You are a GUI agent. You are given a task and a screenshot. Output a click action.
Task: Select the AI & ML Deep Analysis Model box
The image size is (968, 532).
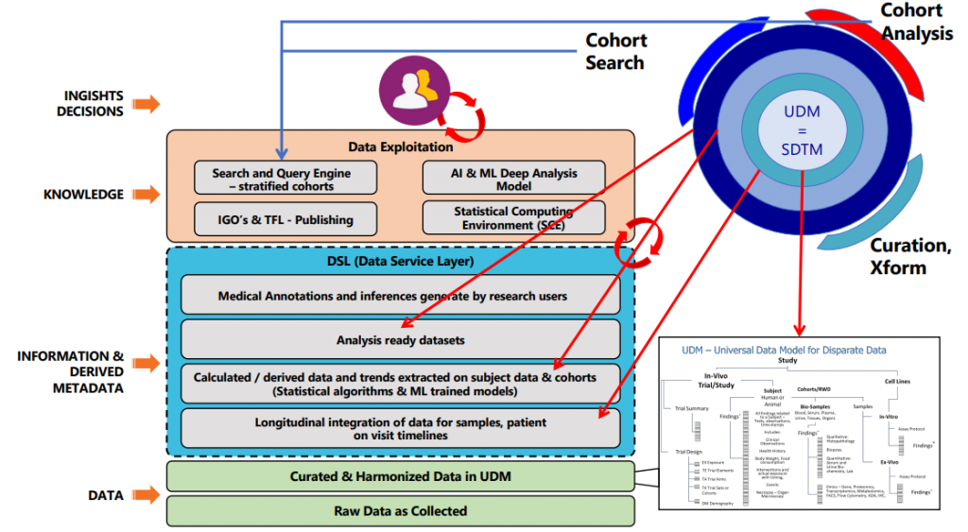pyautogui.click(x=513, y=179)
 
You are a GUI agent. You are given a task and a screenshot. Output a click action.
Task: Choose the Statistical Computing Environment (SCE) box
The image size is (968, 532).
pyautogui.click(x=513, y=218)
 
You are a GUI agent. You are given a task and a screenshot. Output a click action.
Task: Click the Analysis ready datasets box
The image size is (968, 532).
pyautogui.click(x=400, y=339)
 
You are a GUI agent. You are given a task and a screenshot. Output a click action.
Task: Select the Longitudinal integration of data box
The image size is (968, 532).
pyautogui.click(x=400, y=428)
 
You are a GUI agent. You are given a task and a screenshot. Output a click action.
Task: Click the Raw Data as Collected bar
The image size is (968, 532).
pyautogui.click(x=400, y=510)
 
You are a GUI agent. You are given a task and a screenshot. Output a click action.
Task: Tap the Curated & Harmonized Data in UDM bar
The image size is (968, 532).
pyautogui.click(x=400, y=476)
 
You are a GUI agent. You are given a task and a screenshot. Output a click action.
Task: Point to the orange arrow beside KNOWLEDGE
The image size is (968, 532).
pyautogui.click(x=146, y=195)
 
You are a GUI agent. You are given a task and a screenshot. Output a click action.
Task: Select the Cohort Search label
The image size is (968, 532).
pyautogui.click(x=615, y=52)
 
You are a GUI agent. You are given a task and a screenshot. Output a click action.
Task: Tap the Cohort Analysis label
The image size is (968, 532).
pyautogui.click(x=911, y=22)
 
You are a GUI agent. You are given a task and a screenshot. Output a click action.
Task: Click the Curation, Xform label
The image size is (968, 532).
pyautogui.click(x=910, y=256)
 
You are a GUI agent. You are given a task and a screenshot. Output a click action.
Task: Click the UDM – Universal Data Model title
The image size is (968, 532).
pyautogui.click(x=784, y=350)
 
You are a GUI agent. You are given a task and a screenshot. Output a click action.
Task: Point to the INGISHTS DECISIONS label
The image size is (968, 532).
pyautogui.click(x=94, y=104)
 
